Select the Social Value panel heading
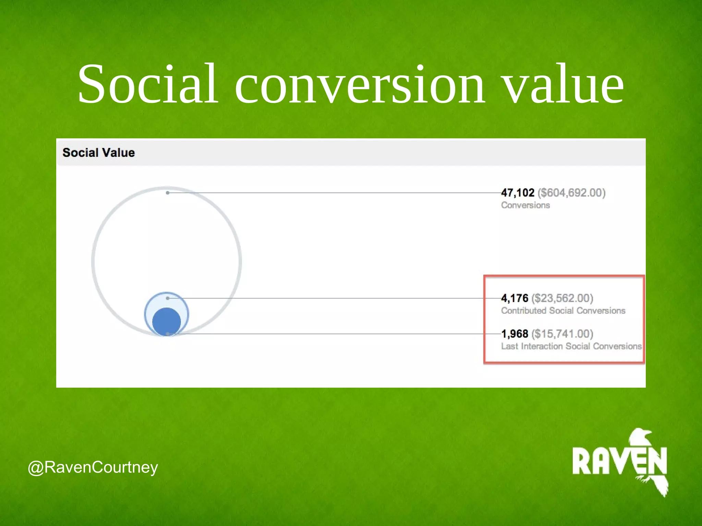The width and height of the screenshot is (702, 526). pyautogui.click(x=99, y=153)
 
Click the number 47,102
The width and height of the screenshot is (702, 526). pyautogui.click(x=518, y=193)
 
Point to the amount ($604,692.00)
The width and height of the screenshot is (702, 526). pyautogui.click(x=571, y=193)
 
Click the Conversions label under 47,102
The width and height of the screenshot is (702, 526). pyautogui.click(x=525, y=205)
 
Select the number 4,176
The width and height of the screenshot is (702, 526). pyautogui.click(x=515, y=298)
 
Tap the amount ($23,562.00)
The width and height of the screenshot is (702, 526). pyautogui.click(x=562, y=298)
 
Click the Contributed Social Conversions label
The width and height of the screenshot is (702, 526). pyautogui.click(x=563, y=311)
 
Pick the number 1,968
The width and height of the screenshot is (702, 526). pyautogui.click(x=515, y=334)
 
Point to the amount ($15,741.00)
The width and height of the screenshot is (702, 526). pyautogui.click(x=562, y=334)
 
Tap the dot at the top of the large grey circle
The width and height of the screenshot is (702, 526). pyautogui.click(x=168, y=193)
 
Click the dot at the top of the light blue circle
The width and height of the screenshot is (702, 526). pyautogui.click(x=168, y=298)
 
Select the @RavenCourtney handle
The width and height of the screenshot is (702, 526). pyautogui.click(x=93, y=467)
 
